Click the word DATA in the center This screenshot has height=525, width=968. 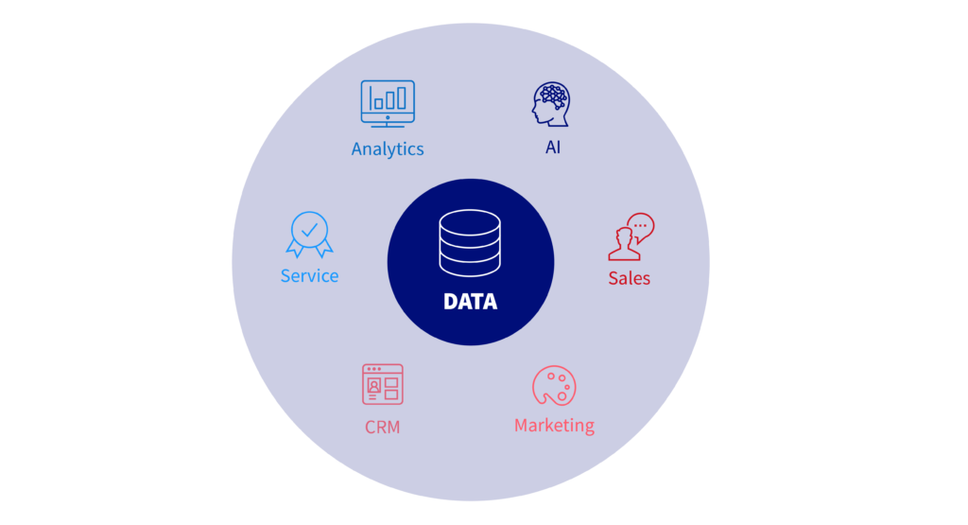coord(470,302)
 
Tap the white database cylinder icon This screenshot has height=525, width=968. coord(470,243)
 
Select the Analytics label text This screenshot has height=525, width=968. coord(388,149)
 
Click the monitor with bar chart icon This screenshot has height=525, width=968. coord(388,104)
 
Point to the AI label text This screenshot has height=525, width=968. coord(552,148)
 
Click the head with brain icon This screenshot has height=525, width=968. coord(551,104)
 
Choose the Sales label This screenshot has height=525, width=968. coord(629,278)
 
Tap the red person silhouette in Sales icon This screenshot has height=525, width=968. coord(624,245)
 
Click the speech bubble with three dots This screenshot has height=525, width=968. coord(641,227)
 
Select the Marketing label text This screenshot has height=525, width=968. coord(554,426)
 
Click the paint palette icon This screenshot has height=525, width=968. coord(554,386)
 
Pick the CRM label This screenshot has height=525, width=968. coord(382,428)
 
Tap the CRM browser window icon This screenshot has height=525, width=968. coord(383,384)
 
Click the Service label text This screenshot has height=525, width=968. coord(309,276)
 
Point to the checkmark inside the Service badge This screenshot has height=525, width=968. coord(309,230)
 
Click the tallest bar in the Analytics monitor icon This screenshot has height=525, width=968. coord(401,97)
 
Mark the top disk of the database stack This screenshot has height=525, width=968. coord(470,220)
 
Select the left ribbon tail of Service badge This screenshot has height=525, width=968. coord(295,247)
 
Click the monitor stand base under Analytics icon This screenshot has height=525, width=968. coord(388,126)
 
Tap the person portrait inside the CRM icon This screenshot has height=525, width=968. coord(373,387)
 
